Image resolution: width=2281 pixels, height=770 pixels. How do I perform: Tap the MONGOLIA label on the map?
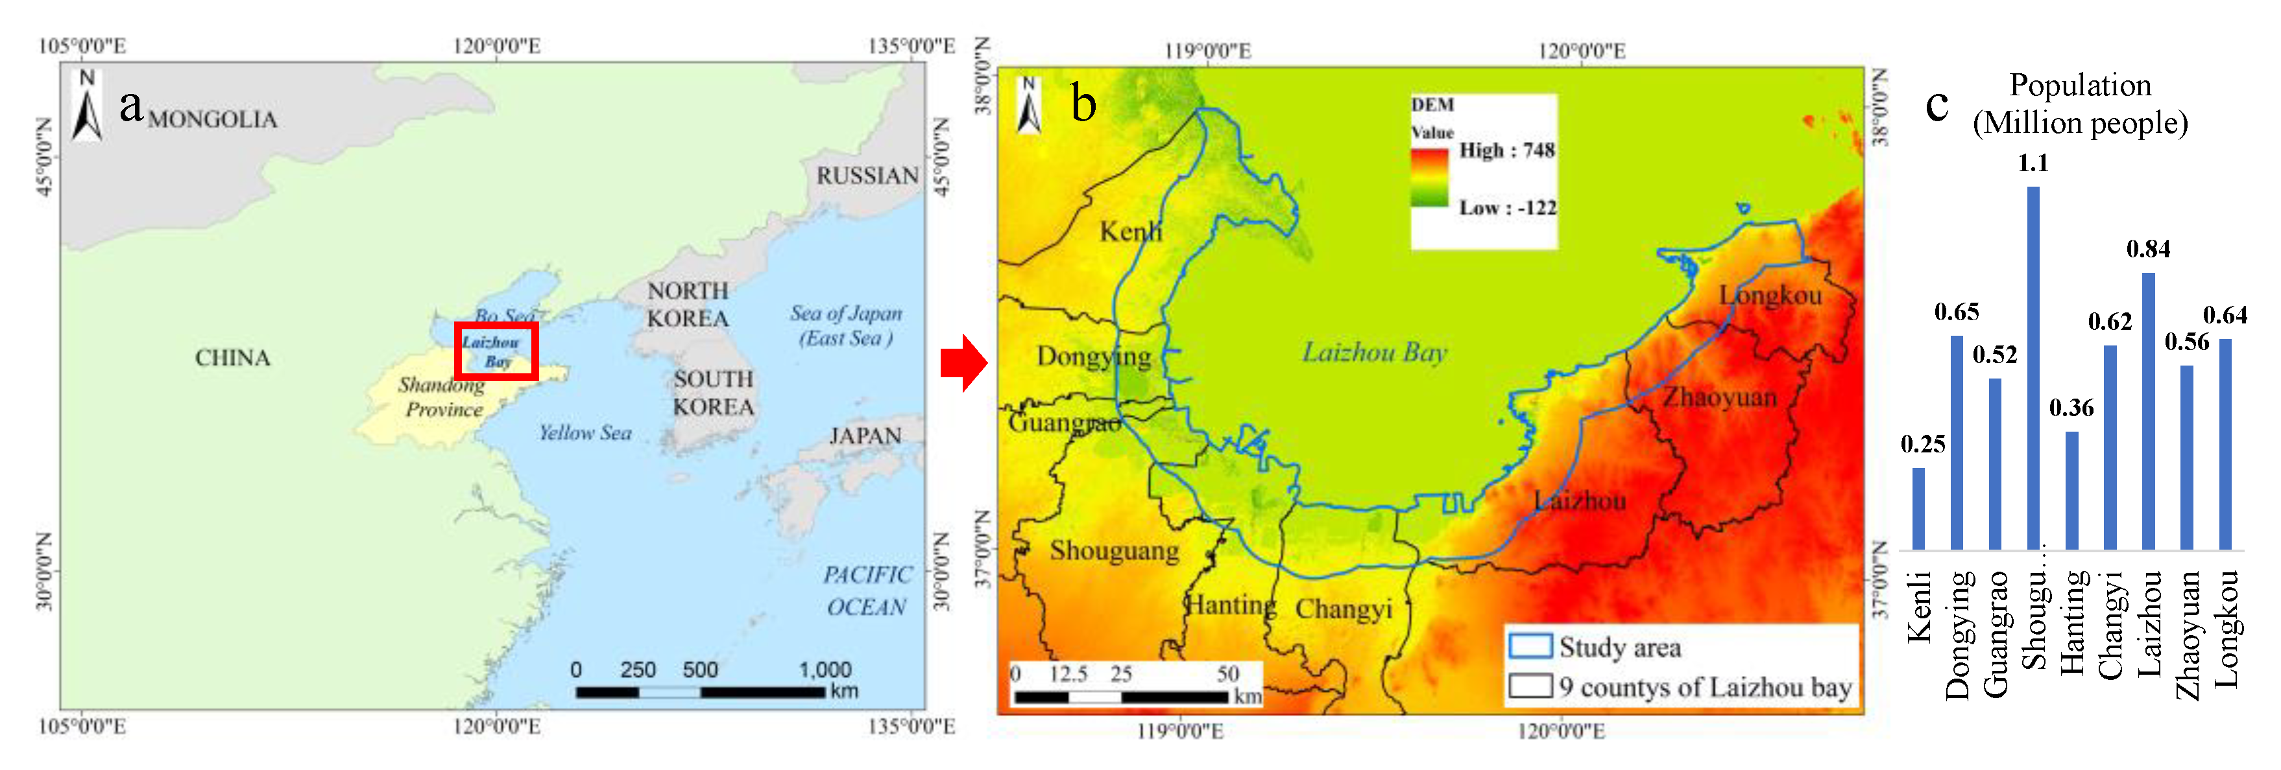(213, 119)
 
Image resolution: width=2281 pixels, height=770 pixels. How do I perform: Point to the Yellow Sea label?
(585, 433)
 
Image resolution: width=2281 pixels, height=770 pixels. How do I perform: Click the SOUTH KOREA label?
(714, 393)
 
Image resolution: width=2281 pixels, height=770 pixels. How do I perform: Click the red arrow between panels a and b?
(963, 363)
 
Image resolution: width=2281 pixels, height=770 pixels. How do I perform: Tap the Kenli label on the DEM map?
(1131, 232)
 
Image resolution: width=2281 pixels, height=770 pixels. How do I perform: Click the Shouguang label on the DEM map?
(1114, 550)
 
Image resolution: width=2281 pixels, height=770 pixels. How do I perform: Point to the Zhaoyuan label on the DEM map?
(1719, 397)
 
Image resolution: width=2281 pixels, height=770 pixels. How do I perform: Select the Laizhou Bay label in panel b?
(1374, 352)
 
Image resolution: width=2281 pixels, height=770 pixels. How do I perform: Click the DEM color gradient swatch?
(1429, 178)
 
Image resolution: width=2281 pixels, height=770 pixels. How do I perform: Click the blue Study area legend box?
(1530, 646)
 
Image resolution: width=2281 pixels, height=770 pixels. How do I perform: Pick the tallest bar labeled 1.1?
(2033, 367)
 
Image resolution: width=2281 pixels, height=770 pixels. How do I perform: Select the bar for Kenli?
(1918, 508)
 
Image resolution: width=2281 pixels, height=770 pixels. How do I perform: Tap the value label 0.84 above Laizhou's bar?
(2148, 250)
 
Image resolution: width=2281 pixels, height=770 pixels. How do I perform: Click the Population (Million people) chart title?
(2080, 104)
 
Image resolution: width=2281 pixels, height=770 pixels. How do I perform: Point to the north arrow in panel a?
(87, 106)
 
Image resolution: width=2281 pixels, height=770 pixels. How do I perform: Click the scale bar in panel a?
(699, 691)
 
